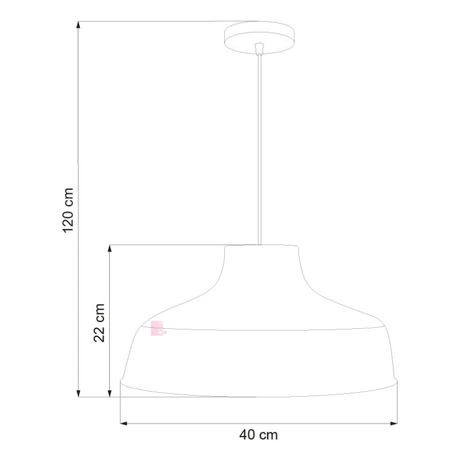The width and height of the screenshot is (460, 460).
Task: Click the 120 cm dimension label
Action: [68, 210]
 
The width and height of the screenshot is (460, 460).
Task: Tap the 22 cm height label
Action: [99, 323]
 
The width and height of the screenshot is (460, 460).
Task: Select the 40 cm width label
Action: [258, 435]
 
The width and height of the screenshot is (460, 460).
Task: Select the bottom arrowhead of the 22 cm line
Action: [109, 393]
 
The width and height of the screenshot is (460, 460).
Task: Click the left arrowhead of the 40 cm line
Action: [124, 424]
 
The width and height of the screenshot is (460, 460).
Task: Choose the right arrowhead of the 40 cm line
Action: [394, 424]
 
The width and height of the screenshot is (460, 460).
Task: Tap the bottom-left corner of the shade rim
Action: [121, 382]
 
